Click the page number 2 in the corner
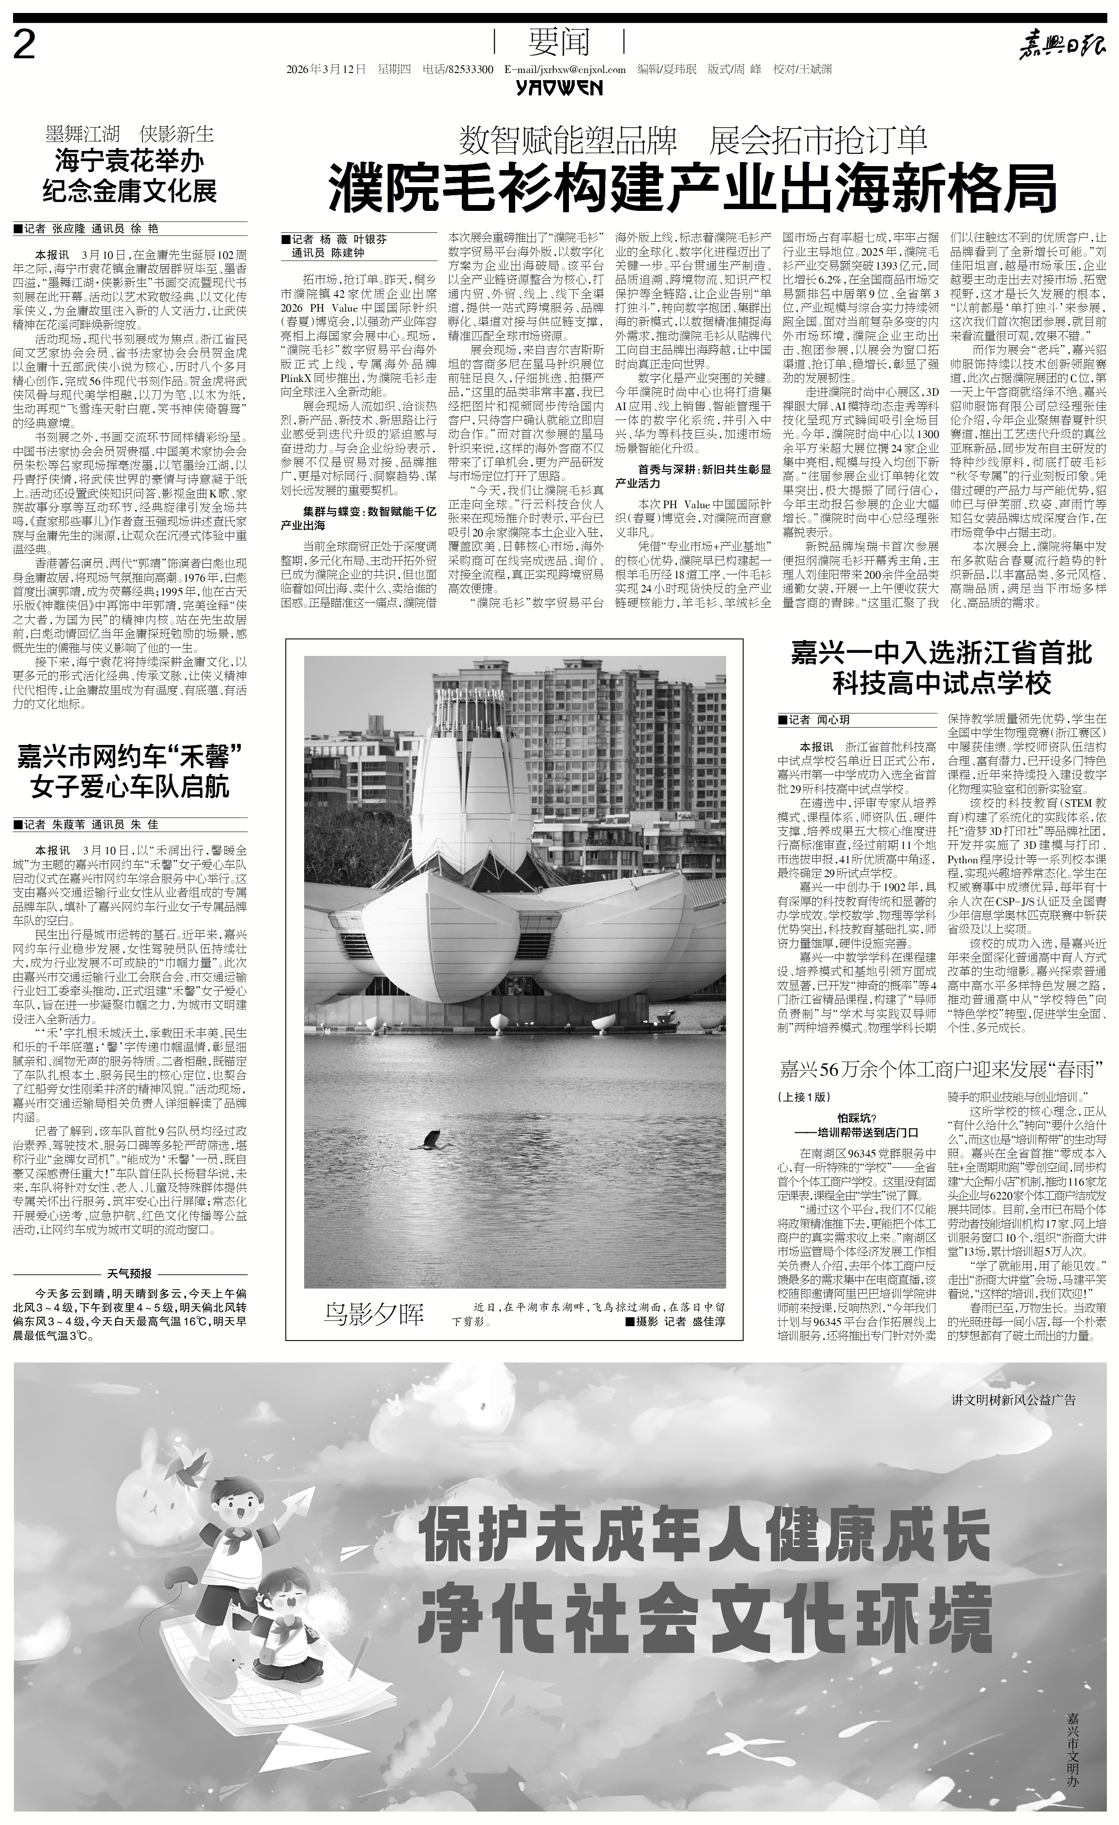pos(25,47)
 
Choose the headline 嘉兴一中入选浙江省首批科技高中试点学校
pos(942,667)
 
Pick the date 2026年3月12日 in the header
pos(327,69)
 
